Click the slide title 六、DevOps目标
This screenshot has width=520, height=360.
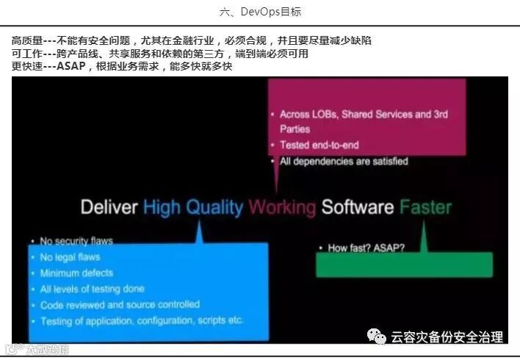click(260, 12)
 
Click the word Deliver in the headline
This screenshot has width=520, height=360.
click(109, 207)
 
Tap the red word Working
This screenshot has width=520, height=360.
click(282, 207)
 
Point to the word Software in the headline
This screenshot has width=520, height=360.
click(358, 207)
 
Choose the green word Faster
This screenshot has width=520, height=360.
click(426, 207)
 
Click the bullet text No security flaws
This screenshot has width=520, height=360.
click(76, 241)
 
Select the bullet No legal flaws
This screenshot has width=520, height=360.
click(70, 257)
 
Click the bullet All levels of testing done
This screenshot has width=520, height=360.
click(92, 289)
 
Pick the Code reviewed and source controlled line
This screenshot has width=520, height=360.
click(119, 304)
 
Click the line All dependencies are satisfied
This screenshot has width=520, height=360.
click(343, 161)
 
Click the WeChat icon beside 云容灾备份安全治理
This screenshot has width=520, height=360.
click(378, 336)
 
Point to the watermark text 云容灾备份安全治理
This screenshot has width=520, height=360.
click(447, 337)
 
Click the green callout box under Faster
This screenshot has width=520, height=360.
click(404, 265)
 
